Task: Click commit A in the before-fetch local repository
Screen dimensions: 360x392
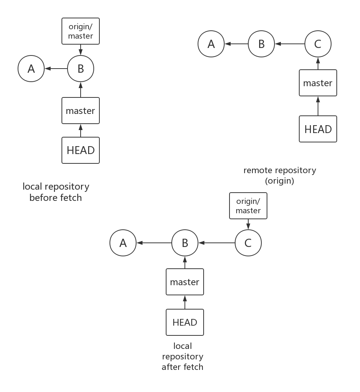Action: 31,69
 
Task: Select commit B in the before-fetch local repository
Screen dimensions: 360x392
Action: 81,69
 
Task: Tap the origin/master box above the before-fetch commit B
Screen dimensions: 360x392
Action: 81,31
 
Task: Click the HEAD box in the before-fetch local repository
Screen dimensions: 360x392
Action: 81,150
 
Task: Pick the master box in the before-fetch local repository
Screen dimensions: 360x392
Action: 81,111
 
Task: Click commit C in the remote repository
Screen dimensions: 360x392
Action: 318,44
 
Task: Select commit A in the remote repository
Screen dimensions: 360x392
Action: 211,44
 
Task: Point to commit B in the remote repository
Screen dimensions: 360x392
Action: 261,44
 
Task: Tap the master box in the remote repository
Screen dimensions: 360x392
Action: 318,83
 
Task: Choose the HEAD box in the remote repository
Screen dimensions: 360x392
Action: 318,129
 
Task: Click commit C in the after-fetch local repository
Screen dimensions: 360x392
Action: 248,243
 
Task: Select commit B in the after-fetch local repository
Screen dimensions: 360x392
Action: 185,243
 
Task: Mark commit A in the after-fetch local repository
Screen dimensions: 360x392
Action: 123,243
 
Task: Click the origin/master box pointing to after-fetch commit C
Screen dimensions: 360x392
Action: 248,206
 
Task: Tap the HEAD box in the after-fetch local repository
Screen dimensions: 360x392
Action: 185,322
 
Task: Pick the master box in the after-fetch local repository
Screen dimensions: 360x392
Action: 185,282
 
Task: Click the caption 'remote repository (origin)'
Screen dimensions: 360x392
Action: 280,175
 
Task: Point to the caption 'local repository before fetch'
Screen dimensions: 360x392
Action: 56,192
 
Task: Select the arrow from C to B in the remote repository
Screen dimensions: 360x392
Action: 290,44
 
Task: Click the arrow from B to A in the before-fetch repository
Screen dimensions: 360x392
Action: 56,69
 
